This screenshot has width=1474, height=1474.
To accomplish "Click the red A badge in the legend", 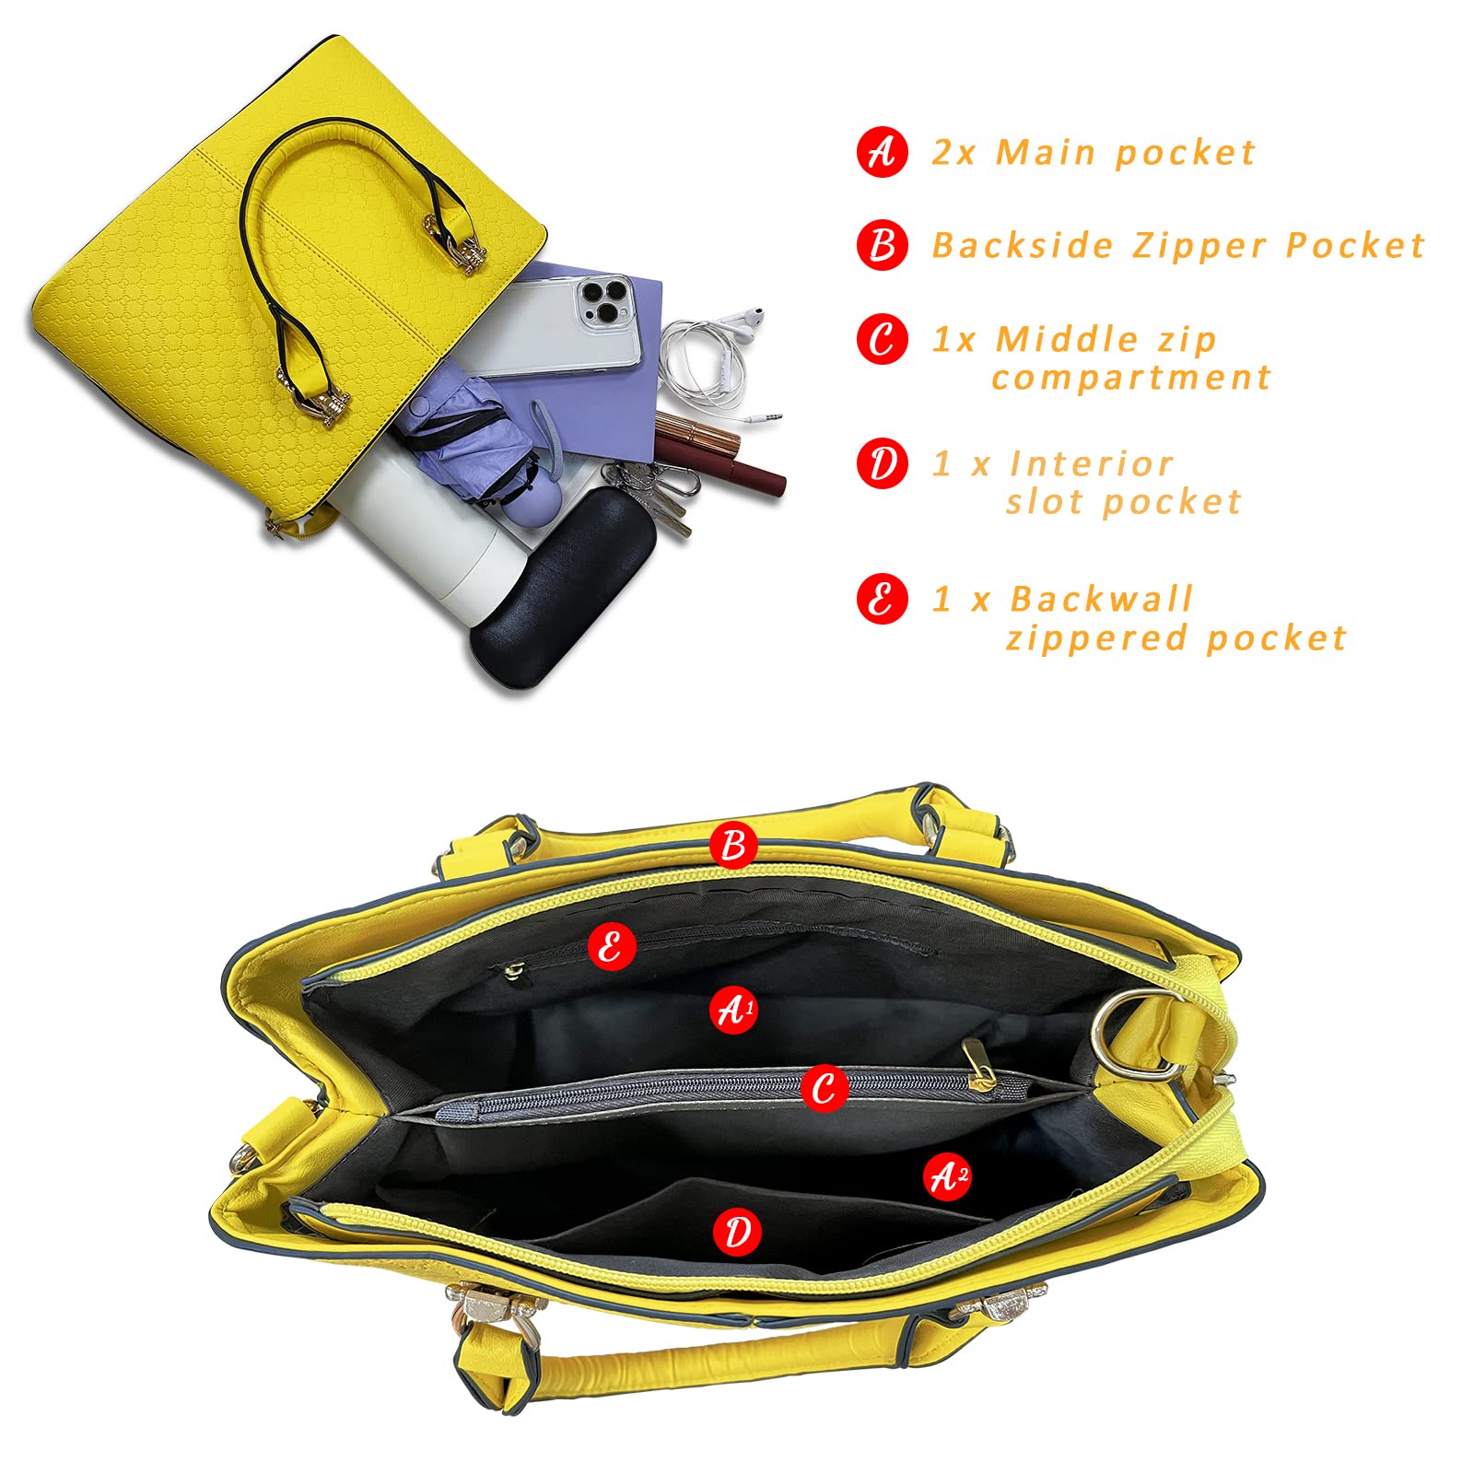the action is (x=883, y=152).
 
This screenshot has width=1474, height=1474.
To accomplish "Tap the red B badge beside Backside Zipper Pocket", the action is (x=883, y=245).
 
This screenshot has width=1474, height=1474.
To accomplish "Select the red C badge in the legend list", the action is (x=883, y=339).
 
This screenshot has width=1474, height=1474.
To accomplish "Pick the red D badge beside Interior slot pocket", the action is (x=883, y=463).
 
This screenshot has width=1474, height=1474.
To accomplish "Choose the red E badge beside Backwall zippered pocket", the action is (x=883, y=600).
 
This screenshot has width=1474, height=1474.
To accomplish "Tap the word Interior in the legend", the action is (x=1092, y=463).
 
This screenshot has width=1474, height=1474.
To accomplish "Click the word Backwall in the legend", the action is (x=1102, y=599).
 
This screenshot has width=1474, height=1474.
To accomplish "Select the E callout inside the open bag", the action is (x=612, y=945).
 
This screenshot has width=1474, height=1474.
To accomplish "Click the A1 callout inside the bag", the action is (x=734, y=1010).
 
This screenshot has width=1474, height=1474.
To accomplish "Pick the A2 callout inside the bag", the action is (x=948, y=1176).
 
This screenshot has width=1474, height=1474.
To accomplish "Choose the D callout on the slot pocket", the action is (x=737, y=1232).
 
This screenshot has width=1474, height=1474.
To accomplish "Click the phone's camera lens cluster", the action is (x=600, y=302).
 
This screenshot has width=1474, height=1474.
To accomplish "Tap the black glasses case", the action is (x=563, y=570).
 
